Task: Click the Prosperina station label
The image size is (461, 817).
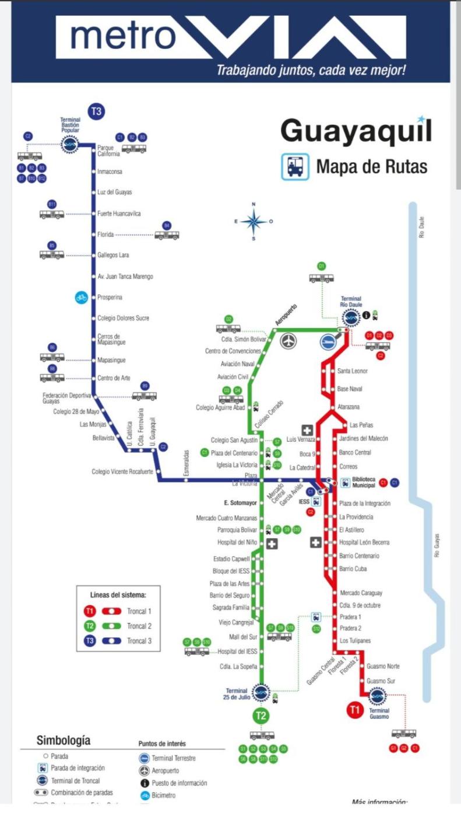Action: click(110, 297)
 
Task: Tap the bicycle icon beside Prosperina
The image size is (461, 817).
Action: click(81, 297)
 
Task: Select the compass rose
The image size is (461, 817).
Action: click(254, 222)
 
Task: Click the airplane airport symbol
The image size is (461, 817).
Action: click(288, 341)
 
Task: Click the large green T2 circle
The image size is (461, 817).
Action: click(261, 715)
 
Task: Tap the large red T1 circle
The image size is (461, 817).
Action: click(354, 710)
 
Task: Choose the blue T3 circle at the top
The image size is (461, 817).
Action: click(96, 110)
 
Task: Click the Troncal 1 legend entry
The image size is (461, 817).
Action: click(139, 612)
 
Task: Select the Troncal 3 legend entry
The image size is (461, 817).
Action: click(139, 641)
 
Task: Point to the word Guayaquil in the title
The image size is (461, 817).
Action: click(356, 131)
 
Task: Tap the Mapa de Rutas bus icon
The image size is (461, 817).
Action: click(295, 166)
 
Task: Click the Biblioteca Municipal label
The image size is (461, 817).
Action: click(363, 483)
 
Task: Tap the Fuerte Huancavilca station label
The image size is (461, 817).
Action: click(119, 214)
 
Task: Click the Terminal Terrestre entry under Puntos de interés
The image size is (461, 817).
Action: click(173, 758)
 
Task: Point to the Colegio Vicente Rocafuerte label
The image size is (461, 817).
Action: click(123, 472)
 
